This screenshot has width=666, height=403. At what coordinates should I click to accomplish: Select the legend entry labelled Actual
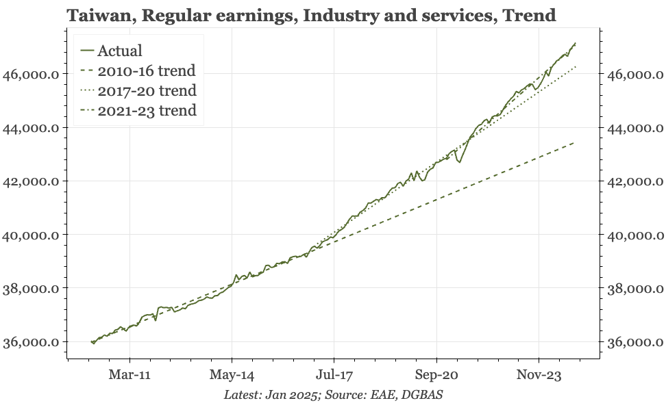[x=111, y=51]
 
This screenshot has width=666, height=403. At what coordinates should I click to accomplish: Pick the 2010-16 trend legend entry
[x=138, y=70]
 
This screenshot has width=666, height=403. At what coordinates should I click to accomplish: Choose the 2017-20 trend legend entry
[x=138, y=90]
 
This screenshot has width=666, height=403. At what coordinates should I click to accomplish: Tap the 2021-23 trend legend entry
[x=138, y=110]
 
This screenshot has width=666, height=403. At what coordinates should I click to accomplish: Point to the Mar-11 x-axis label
[x=129, y=375]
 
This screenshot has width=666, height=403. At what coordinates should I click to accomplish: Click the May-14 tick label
[x=232, y=375]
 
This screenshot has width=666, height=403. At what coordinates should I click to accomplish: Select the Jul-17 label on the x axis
[x=334, y=375]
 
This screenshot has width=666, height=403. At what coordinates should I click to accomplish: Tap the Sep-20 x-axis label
[x=436, y=375]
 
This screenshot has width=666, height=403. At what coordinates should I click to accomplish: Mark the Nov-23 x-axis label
[x=539, y=375]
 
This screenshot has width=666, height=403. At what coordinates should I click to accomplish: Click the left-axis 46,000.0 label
[x=31, y=75]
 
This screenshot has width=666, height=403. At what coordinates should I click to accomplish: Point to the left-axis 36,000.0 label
[x=31, y=342]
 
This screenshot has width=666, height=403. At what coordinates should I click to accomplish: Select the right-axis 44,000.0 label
[x=635, y=128]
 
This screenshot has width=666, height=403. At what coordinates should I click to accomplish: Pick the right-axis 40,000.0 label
[x=635, y=235]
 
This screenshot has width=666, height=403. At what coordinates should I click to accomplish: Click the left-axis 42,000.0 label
[x=31, y=181]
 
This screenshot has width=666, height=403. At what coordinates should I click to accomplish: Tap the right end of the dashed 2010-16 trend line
[x=575, y=143]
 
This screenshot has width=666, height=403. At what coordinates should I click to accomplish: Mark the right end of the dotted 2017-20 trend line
[x=576, y=66]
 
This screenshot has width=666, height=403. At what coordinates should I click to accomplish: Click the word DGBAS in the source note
[x=422, y=395]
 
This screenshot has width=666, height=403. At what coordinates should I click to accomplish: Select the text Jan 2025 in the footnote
[x=291, y=395]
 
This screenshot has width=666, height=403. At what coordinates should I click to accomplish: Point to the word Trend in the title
[x=529, y=16]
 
